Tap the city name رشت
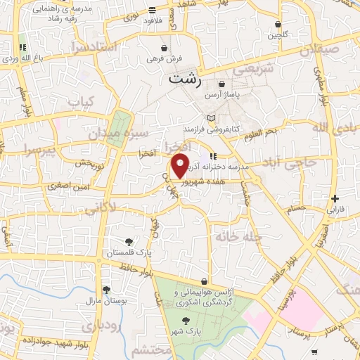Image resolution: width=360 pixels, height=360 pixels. click(x=184, y=79)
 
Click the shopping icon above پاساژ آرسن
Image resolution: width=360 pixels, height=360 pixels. click(x=221, y=84)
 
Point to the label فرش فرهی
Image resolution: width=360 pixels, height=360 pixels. click(x=164, y=59)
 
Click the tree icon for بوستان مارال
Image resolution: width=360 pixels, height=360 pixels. click(x=106, y=290)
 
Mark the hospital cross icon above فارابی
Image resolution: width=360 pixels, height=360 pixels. click(x=335, y=199)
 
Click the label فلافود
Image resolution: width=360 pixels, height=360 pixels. click(x=152, y=20)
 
